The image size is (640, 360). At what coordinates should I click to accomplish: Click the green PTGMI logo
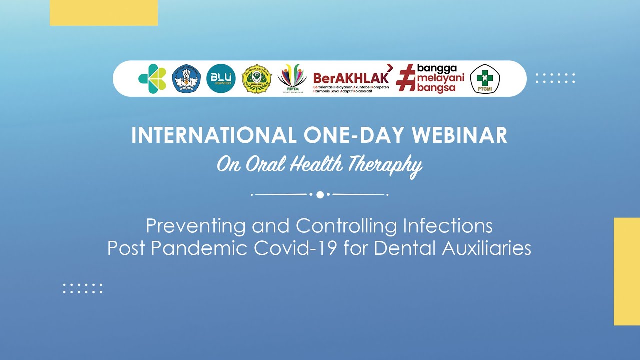(x=485, y=79)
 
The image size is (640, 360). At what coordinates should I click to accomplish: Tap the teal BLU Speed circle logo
(x=221, y=79)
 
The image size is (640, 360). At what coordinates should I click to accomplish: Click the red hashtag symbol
(x=405, y=79)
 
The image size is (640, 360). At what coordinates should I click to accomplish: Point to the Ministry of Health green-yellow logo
(x=152, y=79)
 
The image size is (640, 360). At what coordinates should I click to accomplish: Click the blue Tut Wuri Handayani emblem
(x=186, y=79)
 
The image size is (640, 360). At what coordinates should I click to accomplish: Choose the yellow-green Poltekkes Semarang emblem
(x=256, y=79)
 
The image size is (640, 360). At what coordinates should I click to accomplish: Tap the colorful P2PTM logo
(x=292, y=79)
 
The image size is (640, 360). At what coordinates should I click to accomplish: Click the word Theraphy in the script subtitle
(x=385, y=165)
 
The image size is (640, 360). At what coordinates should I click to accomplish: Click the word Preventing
(x=196, y=226)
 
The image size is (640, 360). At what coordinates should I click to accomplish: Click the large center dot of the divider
(x=320, y=194)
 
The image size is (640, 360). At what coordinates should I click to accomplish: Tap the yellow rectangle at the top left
(x=104, y=12)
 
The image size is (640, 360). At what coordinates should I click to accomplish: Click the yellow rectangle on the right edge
(x=627, y=271)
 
